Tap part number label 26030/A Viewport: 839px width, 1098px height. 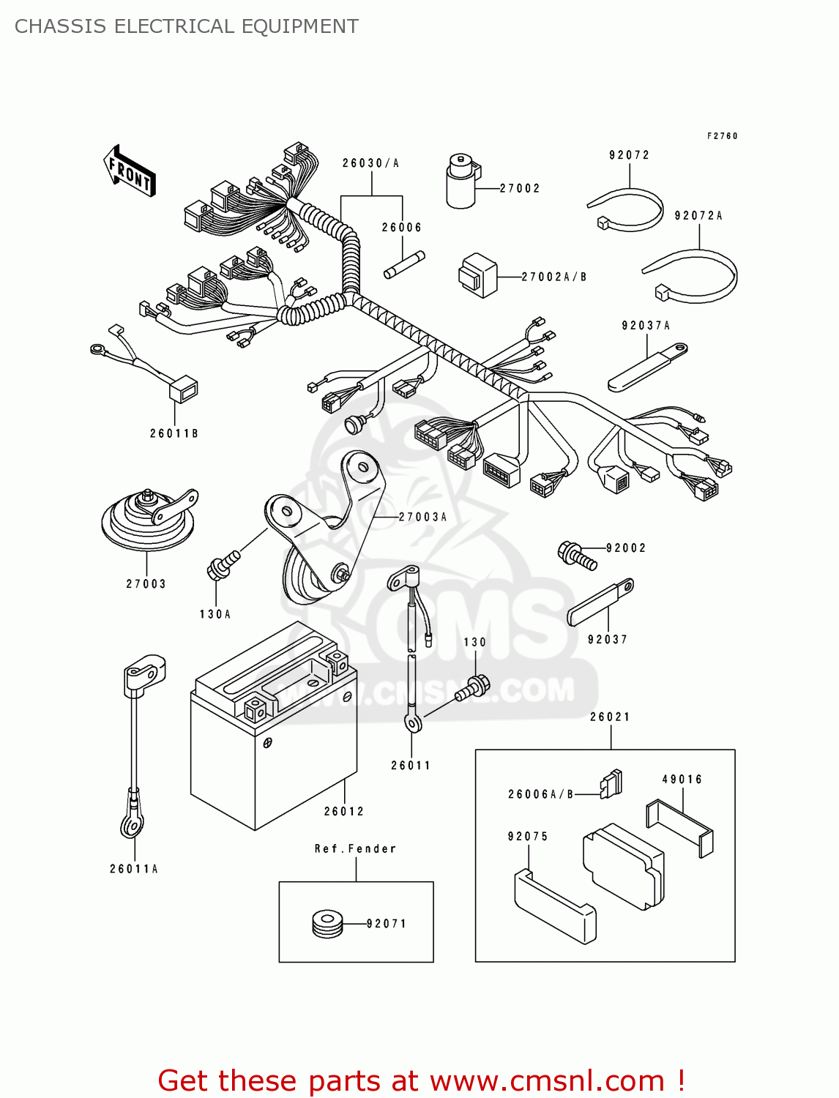370,163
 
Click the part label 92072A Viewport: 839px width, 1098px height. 698,216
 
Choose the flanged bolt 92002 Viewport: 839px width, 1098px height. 578,556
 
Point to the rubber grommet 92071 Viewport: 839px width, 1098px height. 327,924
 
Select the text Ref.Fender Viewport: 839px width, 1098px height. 355,849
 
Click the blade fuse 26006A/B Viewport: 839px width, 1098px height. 611,784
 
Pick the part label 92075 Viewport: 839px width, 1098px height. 527,837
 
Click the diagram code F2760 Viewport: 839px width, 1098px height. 722,136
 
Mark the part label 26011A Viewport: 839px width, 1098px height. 134,869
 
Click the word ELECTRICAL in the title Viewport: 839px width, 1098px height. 174,26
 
